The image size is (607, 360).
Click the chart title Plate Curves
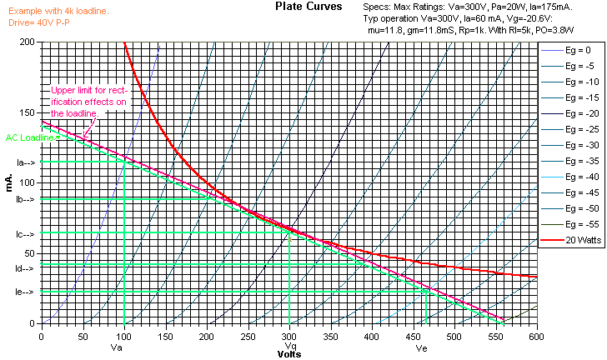308,7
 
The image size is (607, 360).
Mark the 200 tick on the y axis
28,42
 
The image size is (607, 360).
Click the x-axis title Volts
290,353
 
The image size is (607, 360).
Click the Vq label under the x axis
290,346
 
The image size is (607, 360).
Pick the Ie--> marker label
25,292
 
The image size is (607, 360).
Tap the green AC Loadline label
28,137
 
